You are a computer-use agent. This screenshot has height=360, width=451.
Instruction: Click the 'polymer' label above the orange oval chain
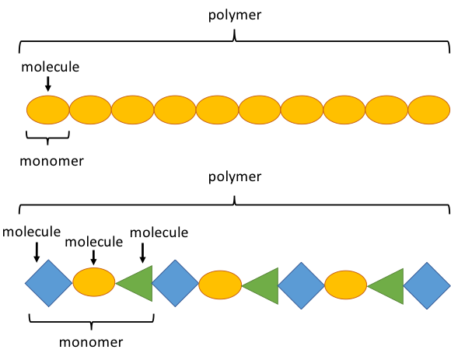[235, 16]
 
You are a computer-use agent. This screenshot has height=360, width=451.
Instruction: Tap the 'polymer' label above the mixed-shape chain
[235, 177]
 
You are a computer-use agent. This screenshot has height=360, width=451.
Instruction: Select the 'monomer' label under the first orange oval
[52, 161]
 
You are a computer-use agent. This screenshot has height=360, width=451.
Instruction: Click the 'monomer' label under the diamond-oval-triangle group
[91, 342]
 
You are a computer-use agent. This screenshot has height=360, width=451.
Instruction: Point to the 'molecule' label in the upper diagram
[51, 67]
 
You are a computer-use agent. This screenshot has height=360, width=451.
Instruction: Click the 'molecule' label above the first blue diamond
[31, 232]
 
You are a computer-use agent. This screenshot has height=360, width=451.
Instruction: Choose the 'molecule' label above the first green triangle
[159, 232]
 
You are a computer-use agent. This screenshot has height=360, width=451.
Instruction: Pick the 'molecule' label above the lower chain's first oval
[94, 242]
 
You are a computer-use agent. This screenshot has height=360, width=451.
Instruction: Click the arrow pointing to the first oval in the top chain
[48, 84]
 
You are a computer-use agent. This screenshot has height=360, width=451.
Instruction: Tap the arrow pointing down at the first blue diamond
[37, 253]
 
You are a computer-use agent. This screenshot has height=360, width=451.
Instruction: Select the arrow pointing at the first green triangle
[142, 253]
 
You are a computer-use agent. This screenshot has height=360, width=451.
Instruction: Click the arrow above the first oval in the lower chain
[93, 257]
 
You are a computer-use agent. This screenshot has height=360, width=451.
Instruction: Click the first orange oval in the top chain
[48, 110]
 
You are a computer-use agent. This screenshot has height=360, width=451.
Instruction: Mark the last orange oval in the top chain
[429, 110]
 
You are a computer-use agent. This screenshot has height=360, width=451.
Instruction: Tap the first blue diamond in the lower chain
[49, 283]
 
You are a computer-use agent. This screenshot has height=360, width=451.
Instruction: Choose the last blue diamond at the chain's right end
[427, 285]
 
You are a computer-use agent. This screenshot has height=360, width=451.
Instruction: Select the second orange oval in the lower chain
[220, 285]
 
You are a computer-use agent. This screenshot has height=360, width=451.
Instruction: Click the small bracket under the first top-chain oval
[47, 138]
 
